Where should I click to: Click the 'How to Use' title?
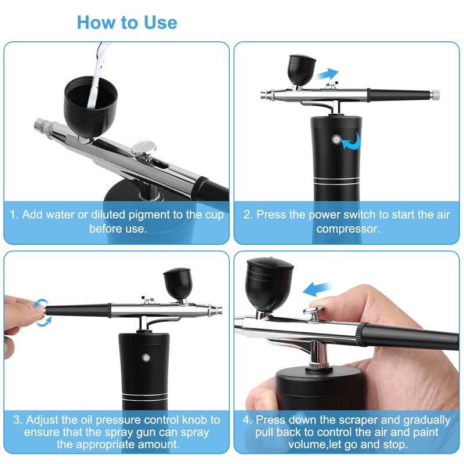pyautogui.click(x=126, y=23)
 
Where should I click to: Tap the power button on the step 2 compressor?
pyautogui.click(x=335, y=139)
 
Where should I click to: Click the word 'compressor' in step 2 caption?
pyautogui.click(x=348, y=229)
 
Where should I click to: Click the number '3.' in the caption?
pyautogui.click(x=17, y=419)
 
